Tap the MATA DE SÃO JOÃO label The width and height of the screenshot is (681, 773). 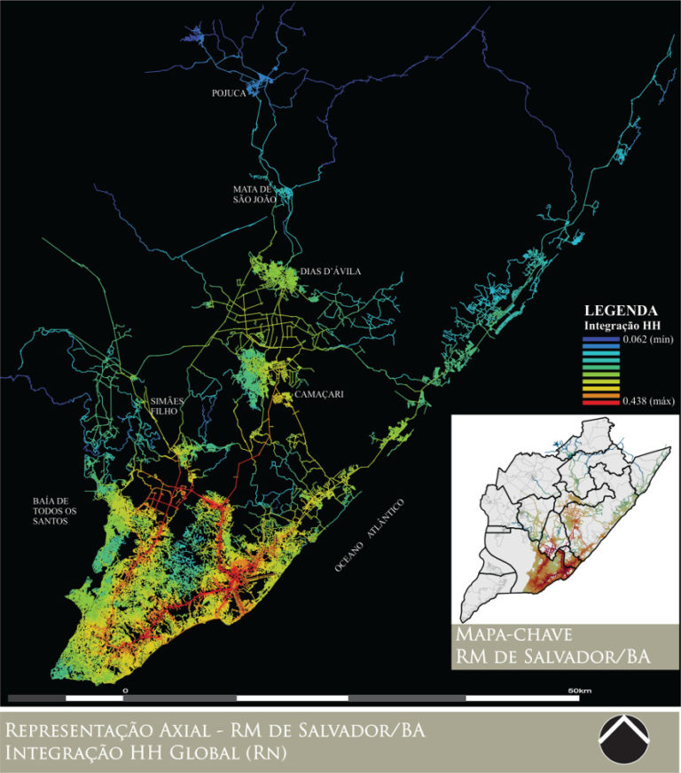tap(254, 194)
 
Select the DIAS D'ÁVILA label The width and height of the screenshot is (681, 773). tap(330, 272)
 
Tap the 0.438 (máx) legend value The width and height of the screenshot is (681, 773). tap(647, 402)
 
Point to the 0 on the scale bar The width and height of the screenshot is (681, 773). tap(125, 690)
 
